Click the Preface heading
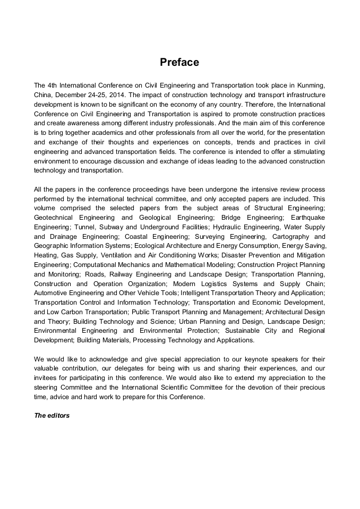(179, 63)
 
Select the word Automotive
(53, 293)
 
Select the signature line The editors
(52, 416)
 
